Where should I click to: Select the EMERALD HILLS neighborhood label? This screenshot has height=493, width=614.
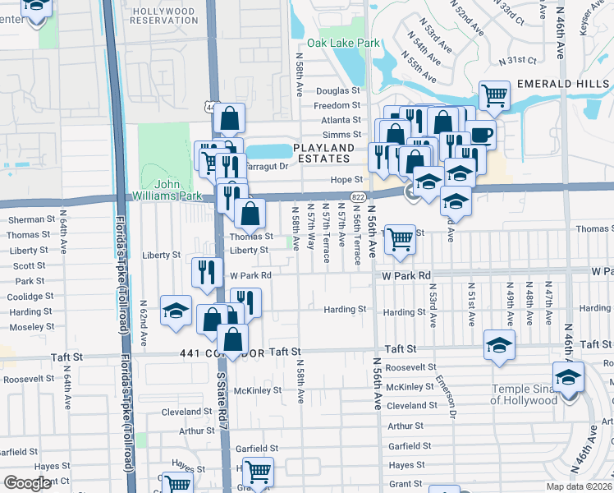pos(562,84)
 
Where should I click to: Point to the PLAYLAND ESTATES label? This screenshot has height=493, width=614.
pos(324,154)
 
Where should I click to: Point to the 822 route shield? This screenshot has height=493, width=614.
pos(357,197)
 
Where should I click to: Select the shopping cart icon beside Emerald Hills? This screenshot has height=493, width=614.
pos(494,96)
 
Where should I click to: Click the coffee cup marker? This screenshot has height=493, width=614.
pos(482,134)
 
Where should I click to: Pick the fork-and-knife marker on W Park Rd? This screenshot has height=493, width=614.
pos(207,271)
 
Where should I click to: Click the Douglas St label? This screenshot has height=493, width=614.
pos(338,91)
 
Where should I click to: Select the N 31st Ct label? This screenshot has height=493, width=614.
pos(520,60)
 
